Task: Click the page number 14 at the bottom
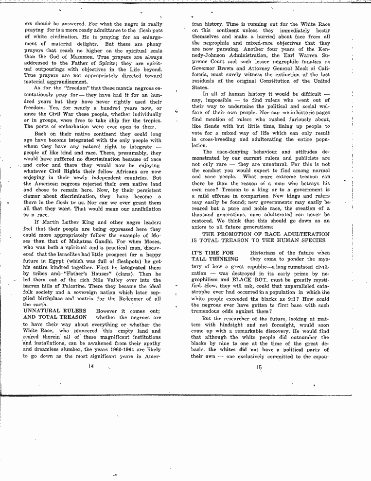pyautogui.click(x=91, y=367)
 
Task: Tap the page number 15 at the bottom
pyautogui.click(x=258, y=367)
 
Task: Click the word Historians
pyautogui.click(x=266, y=253)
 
